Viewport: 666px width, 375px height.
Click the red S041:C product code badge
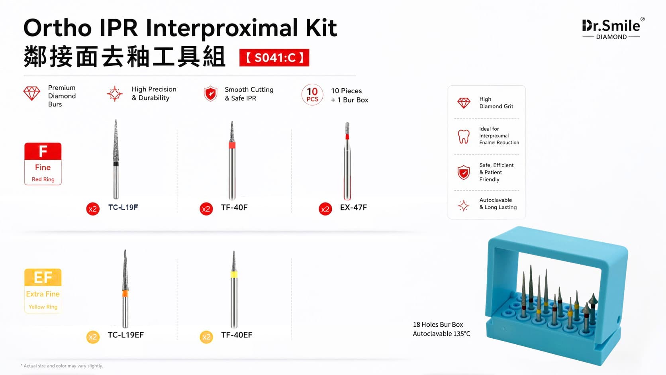click(x=274, y=57)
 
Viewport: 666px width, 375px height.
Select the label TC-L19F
click(x=123, y=207)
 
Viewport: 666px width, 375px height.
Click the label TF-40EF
click(x=237, y=335)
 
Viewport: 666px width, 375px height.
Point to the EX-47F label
click(x=354, y=207)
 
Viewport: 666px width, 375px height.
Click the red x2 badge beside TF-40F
click(x=206, y=209)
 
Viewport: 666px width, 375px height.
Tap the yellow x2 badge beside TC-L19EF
click(x=93, y=337)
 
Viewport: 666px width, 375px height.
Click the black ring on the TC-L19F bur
click(x=116, y=164)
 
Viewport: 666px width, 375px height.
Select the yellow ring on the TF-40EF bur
click(x=234, y=275)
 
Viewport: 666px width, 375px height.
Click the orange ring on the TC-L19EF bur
click(x=125, y=294)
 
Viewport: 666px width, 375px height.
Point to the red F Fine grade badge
click(x=43, y=164)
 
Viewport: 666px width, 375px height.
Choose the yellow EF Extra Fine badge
click(x=43, y=291)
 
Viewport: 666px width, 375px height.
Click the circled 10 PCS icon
click(x=312, y=94)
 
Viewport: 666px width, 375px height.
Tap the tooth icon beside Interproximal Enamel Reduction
click(x=464, y=137)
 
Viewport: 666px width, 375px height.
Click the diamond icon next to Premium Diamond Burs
click(x=32, y=93)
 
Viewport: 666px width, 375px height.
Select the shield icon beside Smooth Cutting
click(x=210, y=94)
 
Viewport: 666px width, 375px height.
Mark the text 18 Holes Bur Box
click(x=438, y=324)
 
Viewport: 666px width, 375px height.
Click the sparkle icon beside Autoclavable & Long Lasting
click(x=464, y=206)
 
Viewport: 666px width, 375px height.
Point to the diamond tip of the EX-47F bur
click(x=347, y=128)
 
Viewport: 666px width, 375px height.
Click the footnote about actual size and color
click(x=62, y=366)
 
